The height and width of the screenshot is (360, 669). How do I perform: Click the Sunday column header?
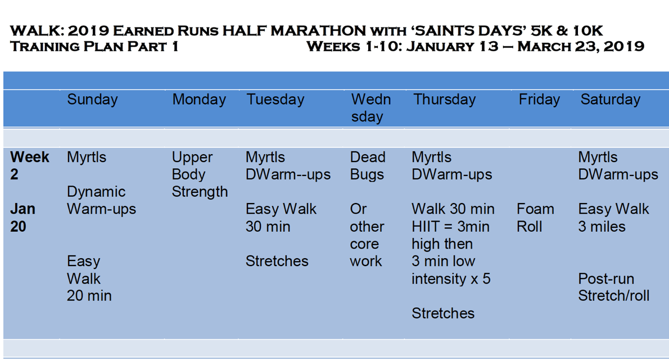92,100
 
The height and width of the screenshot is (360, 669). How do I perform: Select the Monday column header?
199,100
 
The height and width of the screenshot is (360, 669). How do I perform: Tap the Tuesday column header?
275,100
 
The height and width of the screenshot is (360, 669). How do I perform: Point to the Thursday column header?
445,100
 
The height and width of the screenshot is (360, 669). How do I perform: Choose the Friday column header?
539,100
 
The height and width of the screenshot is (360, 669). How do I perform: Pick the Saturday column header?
611,100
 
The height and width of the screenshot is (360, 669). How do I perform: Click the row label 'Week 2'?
29,166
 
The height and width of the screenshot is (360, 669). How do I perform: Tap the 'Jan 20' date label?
22,218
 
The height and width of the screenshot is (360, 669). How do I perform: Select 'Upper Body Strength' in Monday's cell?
200,174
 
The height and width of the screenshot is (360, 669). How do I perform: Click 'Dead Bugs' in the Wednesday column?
367,166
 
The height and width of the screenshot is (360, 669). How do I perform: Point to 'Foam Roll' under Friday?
535,218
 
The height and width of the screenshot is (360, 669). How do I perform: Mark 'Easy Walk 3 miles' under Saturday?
613,218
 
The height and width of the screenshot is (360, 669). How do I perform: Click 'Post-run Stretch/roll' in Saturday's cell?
613,287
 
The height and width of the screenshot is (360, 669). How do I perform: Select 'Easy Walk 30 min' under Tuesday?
281,218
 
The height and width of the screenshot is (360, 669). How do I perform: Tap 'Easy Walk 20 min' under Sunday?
89,278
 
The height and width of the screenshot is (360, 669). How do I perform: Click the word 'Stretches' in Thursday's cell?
443,313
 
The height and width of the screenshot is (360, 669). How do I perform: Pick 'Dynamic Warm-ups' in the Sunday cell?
102,200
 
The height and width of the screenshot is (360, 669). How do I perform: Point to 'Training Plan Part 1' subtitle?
94,46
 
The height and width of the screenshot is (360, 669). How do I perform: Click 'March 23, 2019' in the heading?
581,46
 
